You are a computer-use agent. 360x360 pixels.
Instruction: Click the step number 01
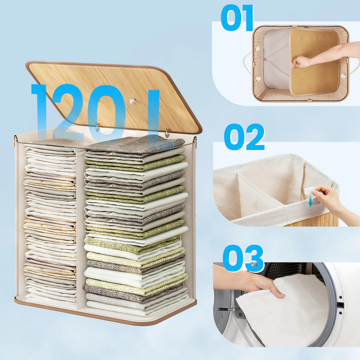237,18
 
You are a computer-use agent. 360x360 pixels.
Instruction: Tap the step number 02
244,137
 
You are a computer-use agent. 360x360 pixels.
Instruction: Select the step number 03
243,258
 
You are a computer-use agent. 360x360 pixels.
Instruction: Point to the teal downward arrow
310,202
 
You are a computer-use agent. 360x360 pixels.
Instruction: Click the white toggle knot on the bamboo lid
133,101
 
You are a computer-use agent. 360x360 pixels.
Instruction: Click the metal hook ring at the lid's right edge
167,133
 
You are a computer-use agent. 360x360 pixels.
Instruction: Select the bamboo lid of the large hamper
114,97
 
